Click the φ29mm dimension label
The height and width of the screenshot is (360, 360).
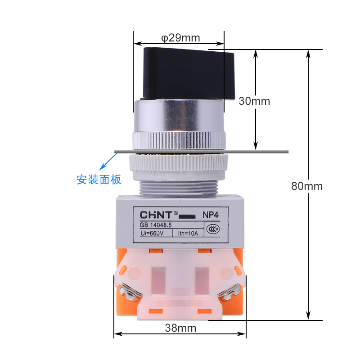(180, 38)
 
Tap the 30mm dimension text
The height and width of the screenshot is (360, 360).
(254, 101)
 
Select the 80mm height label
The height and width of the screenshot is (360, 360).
(307, 186)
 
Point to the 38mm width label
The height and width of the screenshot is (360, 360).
(180, 328)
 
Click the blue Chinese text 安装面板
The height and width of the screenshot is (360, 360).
(99, 180)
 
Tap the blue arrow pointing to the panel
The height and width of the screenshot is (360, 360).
(109, 161)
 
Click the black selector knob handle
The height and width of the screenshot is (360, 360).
(189, 73)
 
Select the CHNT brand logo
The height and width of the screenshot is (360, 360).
(156, 215)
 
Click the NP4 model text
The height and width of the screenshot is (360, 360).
(211, 215)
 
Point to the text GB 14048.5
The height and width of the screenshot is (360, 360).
(156, 225)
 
